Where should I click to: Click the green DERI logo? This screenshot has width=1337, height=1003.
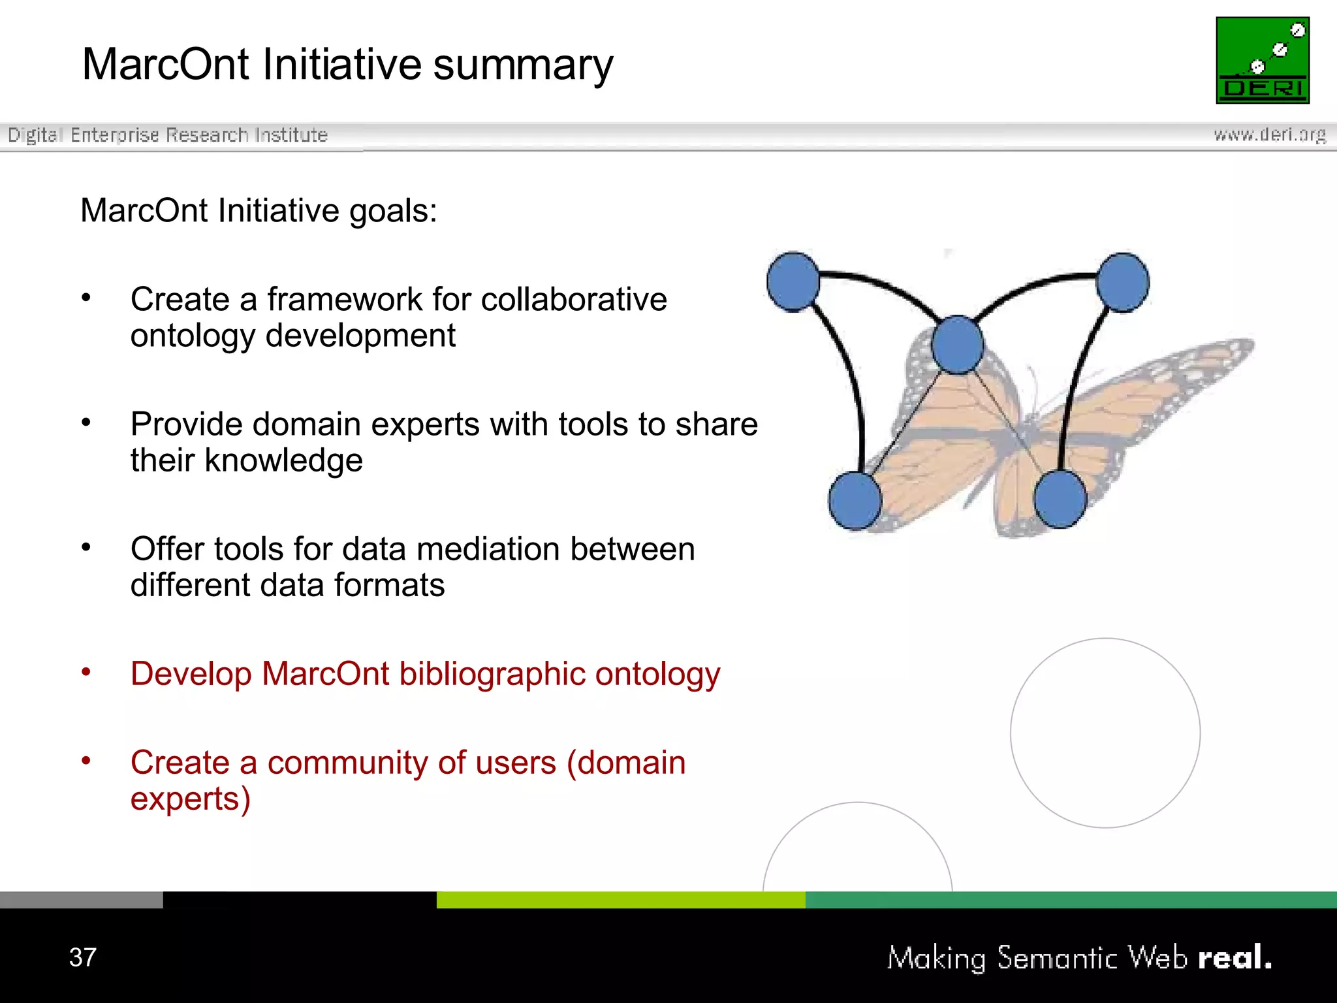pyautogui.click(x=1262, y=60)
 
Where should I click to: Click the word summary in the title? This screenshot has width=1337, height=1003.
pyautogui.click(x=523, y=65)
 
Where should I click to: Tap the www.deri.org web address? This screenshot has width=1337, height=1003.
pyautogui.click(x=1269, y=135)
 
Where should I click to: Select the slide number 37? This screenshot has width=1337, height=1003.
pyautogui.click(x=83, y=957)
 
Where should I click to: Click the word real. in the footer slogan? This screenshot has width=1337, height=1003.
pyautogui.click(x=1235, y=957)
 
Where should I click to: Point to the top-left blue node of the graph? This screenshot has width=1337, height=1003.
pyautogui.click(x=793, y=281)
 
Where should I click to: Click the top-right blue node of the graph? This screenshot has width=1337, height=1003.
pyautogui.click(x=1122, y=282)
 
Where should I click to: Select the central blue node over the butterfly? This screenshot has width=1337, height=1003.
pyautogui.click(x=957, y=345)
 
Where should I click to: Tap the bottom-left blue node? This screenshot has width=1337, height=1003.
pyautogui.click(x=855, y=500)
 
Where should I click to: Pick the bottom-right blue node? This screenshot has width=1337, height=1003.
pyautogui.click(x=1060, y=499)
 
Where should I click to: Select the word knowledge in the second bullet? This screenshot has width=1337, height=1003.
pyautogui.click(x=283, y=460)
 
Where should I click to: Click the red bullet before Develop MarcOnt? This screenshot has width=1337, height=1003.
pyautogui.click(x=86, y=672)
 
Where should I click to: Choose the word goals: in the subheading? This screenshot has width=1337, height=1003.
pyautogui.click(x=393, y=211)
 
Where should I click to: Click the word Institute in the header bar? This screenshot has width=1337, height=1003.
pyautogui.click(x=291, y=135)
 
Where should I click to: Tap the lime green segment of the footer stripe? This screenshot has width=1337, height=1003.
pyautogui.click(x=620, y=899)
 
